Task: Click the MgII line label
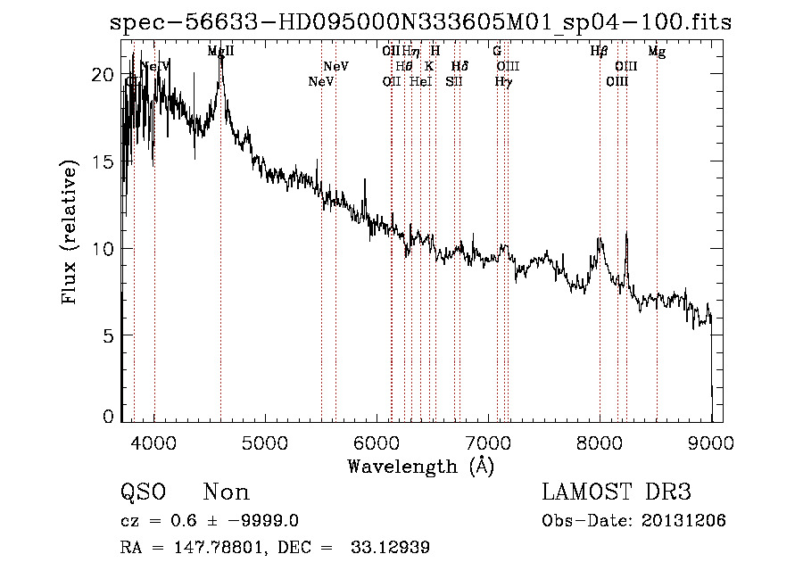click(220, 52)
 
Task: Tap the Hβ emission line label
click(600, 52)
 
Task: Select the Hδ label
click(459, 67)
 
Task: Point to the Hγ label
click(503, 82)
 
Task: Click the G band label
click(497, 52)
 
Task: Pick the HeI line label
click(420, 82)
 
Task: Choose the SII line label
click(454, 82)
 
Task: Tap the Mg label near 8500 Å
click(657, 52)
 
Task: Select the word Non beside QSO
click(227, 492)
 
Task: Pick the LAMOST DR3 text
click(617, 492)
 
